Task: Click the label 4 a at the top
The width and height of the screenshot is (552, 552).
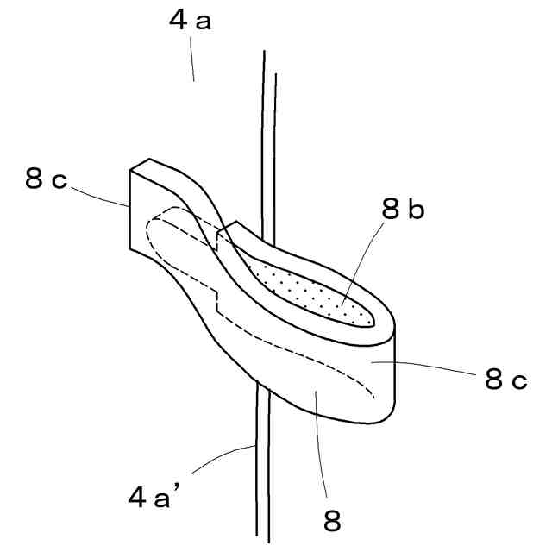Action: pyautogui.click(x=190, y=22)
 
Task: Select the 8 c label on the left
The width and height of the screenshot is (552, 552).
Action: pyautogui.click(x=47, y=179)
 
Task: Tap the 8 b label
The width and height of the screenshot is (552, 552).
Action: pyautogui.click(x=402, y=210)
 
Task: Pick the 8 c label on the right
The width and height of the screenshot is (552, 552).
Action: pyautogui.click(x=505, y=379)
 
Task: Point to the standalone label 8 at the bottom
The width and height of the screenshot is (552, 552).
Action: pyautogui.click(x=332, y=520)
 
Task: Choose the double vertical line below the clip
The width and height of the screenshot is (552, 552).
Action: pyautogui.click(x=263, y=466)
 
